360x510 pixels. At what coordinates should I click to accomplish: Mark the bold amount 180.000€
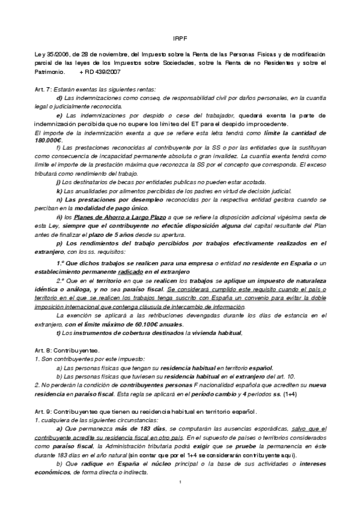[53, 140]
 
